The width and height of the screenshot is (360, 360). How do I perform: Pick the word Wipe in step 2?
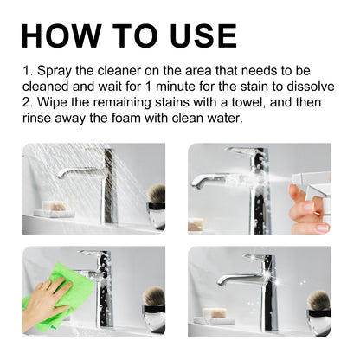pyautogui.click(x=53, y=103)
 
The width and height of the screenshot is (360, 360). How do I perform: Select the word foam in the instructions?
pyautogui.click(x=139, y=119)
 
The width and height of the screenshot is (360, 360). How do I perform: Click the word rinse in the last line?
pyautogui.click(x=40, y=119)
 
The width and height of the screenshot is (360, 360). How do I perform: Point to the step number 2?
pyautogui.click(x=28, y=103)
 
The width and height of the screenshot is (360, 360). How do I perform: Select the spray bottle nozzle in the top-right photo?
pyautogui.click(x=304, y=180)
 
